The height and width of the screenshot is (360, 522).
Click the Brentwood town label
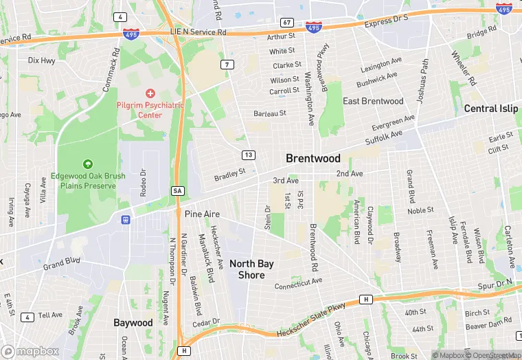313,158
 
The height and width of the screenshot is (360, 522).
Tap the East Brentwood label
373,101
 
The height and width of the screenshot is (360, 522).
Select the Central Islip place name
490,109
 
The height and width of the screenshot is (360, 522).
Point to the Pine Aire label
202,214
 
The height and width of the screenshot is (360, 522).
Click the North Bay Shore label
251,269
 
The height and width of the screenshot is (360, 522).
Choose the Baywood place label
133,322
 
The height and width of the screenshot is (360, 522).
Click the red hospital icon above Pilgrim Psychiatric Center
150,93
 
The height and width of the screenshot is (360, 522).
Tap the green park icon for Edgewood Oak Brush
88,164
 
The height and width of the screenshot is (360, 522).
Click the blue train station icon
126,220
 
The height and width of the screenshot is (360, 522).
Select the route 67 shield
287,23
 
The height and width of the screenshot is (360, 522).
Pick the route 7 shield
226,65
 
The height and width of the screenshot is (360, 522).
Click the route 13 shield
248,155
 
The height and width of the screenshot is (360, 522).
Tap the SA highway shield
177,190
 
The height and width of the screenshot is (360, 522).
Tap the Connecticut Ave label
298,282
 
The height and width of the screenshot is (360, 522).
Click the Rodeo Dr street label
144,183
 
